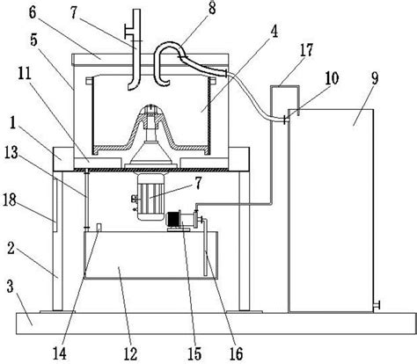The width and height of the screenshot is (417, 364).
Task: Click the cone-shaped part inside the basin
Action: point(150,136)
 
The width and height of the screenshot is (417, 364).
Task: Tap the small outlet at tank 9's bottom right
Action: point(377,305)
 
